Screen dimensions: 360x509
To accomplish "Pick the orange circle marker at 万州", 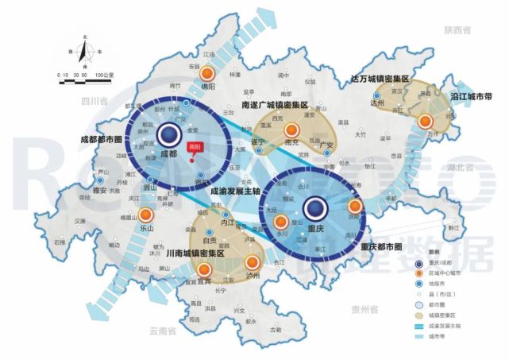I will click(426, 122).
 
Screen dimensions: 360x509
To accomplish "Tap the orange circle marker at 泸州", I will click(254, 262).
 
